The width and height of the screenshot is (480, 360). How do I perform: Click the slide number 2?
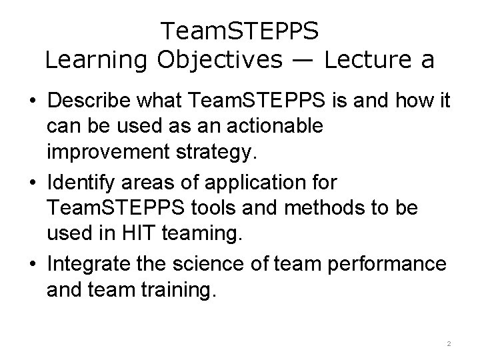[x=449, y=343]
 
